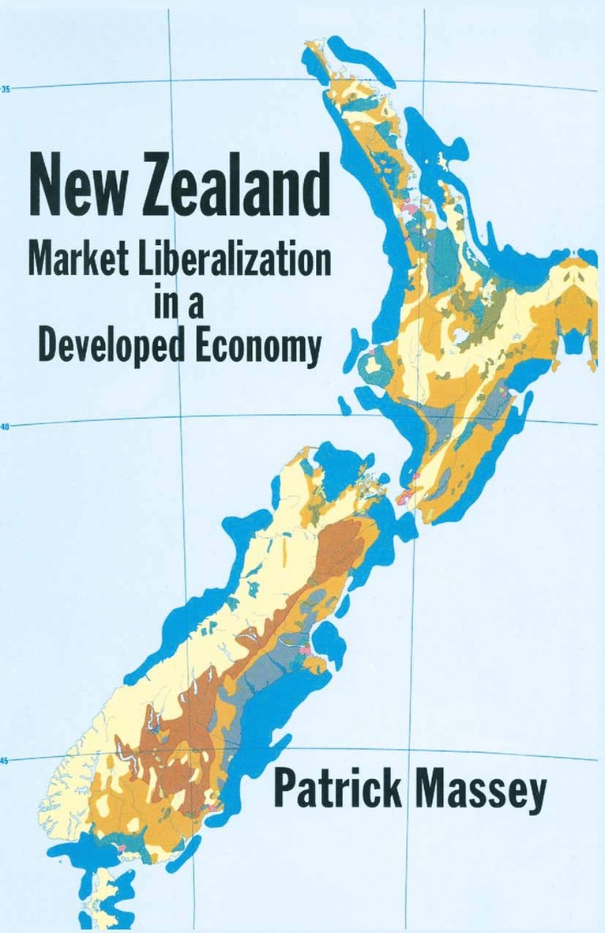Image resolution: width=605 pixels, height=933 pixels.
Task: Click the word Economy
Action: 257,347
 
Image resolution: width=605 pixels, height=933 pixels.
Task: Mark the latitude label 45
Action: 6,762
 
